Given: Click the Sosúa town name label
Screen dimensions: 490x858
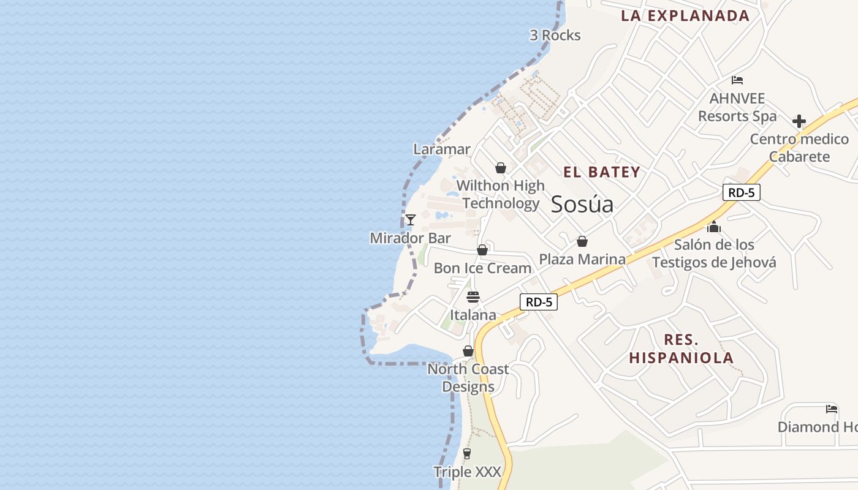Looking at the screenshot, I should [582, 204].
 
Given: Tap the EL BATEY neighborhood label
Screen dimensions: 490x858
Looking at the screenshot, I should [602, 172].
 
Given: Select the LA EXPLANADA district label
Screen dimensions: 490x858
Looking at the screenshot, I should [685, 16].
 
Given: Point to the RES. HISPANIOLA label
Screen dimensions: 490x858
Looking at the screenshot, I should [681, 349].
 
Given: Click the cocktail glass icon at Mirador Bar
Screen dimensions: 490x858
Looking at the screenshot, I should [411, 220].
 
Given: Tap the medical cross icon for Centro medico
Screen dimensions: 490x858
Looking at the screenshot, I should [799, 121].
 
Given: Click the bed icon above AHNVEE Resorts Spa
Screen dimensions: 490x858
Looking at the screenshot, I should [737, 80].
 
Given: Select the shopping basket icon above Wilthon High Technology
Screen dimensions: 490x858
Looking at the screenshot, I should [501, 167].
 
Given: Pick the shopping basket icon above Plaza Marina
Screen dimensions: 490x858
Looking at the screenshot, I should [582, 241].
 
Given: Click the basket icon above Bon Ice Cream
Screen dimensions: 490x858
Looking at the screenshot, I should [482, 250].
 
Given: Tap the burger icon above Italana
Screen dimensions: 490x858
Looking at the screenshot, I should [473, 297].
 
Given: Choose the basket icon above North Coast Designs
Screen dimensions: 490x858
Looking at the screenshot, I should [468, 351].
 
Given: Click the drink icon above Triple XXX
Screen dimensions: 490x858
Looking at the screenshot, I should [467, 454].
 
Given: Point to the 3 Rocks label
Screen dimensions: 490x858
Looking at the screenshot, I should [555, 36].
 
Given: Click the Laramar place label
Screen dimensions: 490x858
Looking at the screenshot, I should [442, 149].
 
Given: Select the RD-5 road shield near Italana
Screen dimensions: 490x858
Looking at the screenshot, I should [539, 301].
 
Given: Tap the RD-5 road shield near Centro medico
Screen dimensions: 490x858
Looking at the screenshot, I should [741, 192].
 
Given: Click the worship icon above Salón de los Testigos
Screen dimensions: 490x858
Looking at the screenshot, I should [713, 227].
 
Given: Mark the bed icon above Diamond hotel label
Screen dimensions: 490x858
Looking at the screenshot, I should [832, 409].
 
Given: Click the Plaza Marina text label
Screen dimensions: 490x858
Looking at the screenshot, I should [582, 259].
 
